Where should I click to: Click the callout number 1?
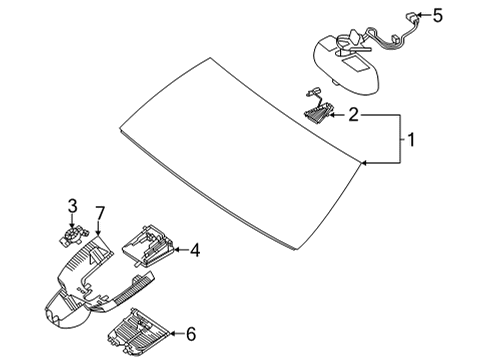coord(411,140)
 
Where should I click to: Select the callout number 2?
coord(353,115)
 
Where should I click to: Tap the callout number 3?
coord(72,206)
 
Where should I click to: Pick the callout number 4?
coord(195,250)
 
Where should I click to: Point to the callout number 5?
coord(438,15)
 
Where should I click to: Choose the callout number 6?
coord(191,333)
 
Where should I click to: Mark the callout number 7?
coord(100,213)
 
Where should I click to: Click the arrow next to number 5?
coord(423,15)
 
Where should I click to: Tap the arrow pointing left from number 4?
coord(181,250)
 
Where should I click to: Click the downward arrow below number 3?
coord(72,221)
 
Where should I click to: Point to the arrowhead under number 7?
coord(98,232)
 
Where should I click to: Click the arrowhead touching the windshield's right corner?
coord(365,163)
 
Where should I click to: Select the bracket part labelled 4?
coord(148,246)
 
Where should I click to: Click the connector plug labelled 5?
coord(411,17)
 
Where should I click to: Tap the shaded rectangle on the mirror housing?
coord(356,64)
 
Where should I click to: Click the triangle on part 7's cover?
coord(97,255)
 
